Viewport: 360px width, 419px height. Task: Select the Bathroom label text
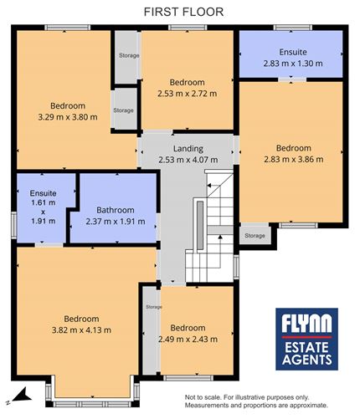116,210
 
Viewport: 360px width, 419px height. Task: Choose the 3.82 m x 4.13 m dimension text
80,330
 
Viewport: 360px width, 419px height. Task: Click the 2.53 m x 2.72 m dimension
187,93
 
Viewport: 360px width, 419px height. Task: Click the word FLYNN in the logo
306,323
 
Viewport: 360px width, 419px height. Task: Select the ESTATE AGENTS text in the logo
306,353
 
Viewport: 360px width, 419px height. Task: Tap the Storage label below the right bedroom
255,236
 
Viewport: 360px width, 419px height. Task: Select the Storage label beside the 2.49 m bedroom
153,307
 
